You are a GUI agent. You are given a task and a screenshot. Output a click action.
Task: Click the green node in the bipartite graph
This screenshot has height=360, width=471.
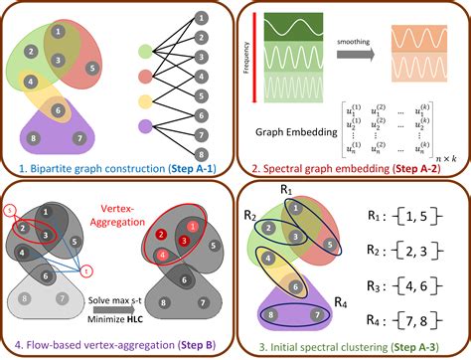click(x=146, y=47)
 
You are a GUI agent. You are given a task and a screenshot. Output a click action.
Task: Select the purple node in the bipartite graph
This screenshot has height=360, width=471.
click(x=146, y=126)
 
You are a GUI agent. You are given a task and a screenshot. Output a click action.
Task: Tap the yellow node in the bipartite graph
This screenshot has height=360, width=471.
click(x=146, y=100)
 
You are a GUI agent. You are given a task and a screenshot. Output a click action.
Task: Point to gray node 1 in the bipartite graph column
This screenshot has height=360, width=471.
click(x=202, y=17)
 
